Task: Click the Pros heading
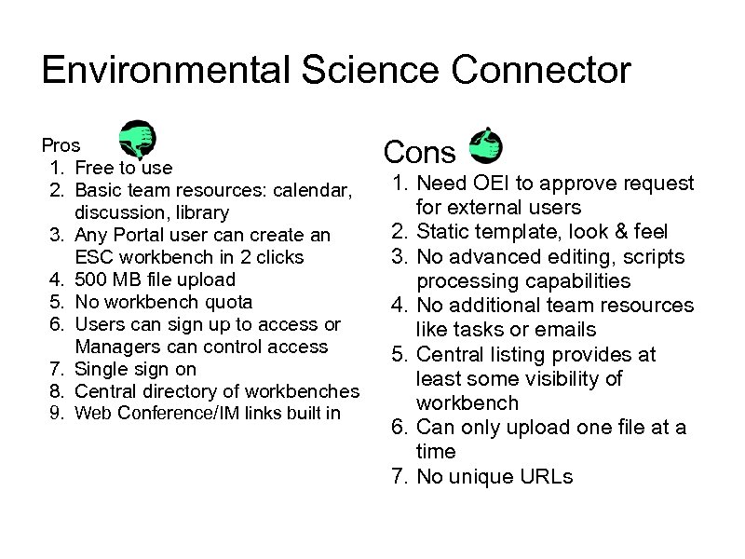61,145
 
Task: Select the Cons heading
419,152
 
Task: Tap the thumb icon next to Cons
484,145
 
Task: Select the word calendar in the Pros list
313,190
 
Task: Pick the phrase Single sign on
135,369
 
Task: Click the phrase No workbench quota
163,302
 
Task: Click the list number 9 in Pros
55,414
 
